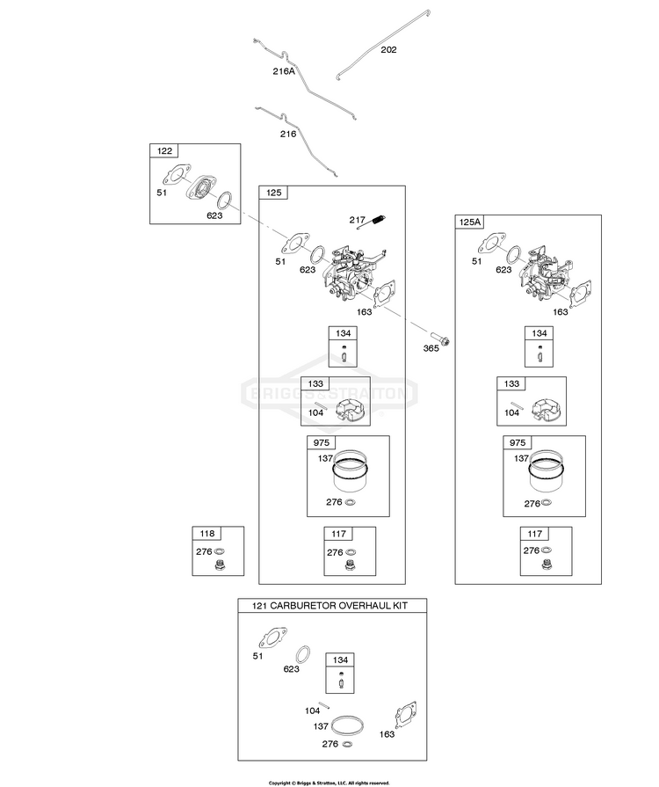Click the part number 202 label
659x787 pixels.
coord(388,50)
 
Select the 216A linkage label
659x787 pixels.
coord(284,71)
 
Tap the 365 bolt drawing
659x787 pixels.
coord(440,339)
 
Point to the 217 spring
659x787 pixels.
coord(372,222)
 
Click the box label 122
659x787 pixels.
coord(164,151)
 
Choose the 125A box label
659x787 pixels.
coord(469,222)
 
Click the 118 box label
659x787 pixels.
coord(206,534)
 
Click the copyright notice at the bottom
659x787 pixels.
coord(329,783)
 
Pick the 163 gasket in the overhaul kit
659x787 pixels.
coord(406,715)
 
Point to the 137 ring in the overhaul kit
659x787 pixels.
coord(345,726)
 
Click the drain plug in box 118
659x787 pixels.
coord(219,565)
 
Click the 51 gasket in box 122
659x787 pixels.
coord(176,175)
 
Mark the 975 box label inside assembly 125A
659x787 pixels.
coord(517,442)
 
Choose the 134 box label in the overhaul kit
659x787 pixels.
coord(340,660)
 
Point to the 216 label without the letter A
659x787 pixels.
coord(288,134)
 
